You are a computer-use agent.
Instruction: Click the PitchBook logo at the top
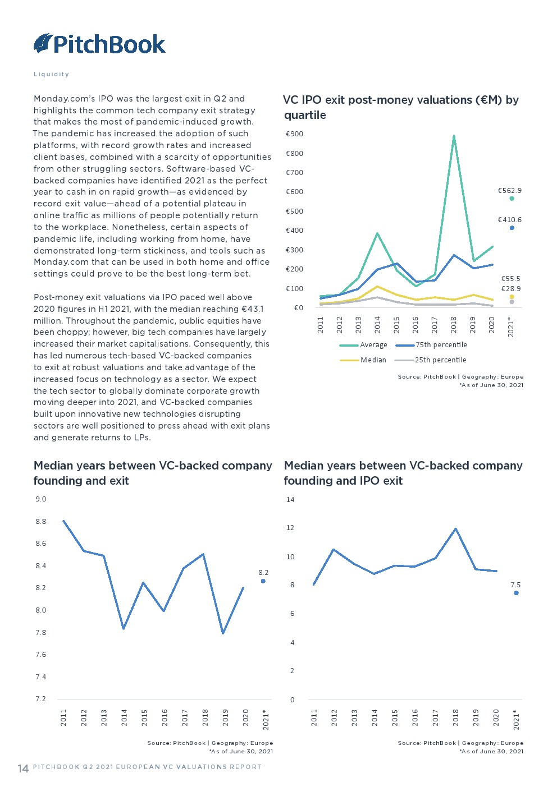tap(99, 44)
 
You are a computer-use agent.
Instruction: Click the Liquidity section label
tap(51, 74)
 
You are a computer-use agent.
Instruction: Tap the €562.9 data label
tap(509, 191)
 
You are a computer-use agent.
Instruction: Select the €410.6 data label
tap(509, 220)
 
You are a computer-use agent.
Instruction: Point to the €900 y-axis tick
tap(294, 134)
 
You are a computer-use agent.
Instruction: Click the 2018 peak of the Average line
tap(454, 136)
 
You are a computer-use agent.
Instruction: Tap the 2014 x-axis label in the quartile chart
tap(377, 325)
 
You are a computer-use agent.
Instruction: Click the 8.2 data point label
tap(263, 573)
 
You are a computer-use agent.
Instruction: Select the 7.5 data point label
tap(515, 585)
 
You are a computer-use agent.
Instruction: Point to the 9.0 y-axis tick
tap(41, 499)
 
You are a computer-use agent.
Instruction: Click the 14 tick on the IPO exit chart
tap(290, 500)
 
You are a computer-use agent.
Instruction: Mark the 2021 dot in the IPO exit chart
tap(516, 593)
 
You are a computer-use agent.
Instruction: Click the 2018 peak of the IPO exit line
tap(455, 528)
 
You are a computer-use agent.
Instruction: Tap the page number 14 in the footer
tap(23, 768)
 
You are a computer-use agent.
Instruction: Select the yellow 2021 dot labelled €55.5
tap(512, 297)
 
